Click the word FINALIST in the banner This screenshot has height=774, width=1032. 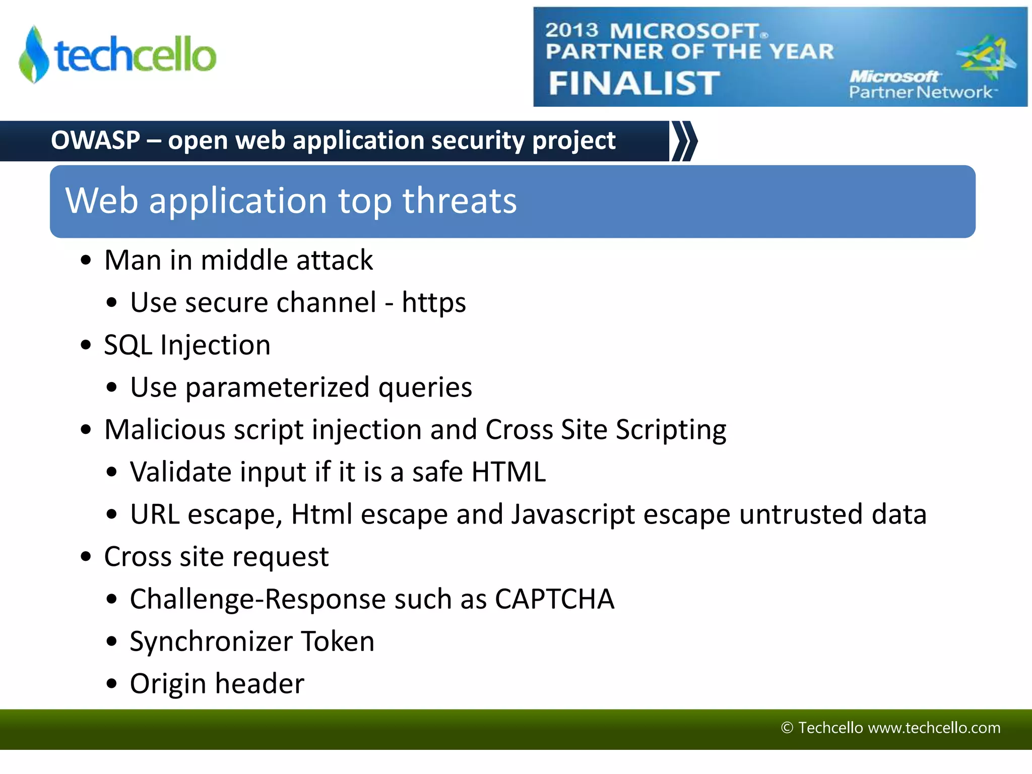pyautogui.click(x=634, y=83)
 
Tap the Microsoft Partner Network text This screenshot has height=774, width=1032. pyautogui.click(x=920, y=85)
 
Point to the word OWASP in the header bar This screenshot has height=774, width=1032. pyautogui.click(x=95, y=140)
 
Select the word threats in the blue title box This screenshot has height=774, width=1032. pyautogui.click(x=459, y=201)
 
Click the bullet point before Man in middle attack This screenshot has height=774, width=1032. pyautogui.click(x=86, y=261)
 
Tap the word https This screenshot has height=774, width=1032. pyautogui.click(x=433, y=303)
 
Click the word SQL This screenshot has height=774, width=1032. pyautogui.click(x=128, y=345)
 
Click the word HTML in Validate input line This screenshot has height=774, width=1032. pyautogui.click(x=508, y=472)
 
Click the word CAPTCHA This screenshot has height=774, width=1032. pyautogui.click(x=554, y=599)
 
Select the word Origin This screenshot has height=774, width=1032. pyautogui.click(x=168, y=684)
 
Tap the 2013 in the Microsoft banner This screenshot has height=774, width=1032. pyautogui.click(x=571, y=30)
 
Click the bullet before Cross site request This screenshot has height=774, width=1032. pyautogui.click(x=86, y=557)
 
